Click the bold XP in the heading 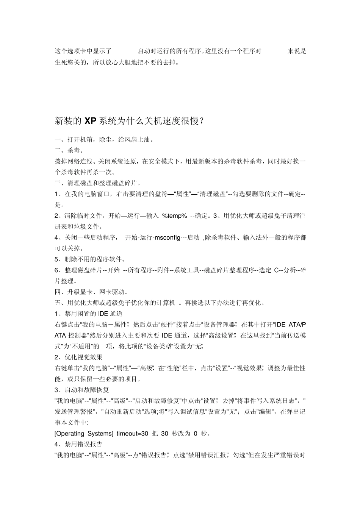click(x=90, y=121)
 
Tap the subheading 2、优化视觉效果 click(x=79, y=357)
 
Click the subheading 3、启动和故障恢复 click(x=82, y=390)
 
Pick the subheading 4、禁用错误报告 click(x=79, y=444)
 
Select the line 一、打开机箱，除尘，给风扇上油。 click(x=105, y=139)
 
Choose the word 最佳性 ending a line click(x=296, y=368)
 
